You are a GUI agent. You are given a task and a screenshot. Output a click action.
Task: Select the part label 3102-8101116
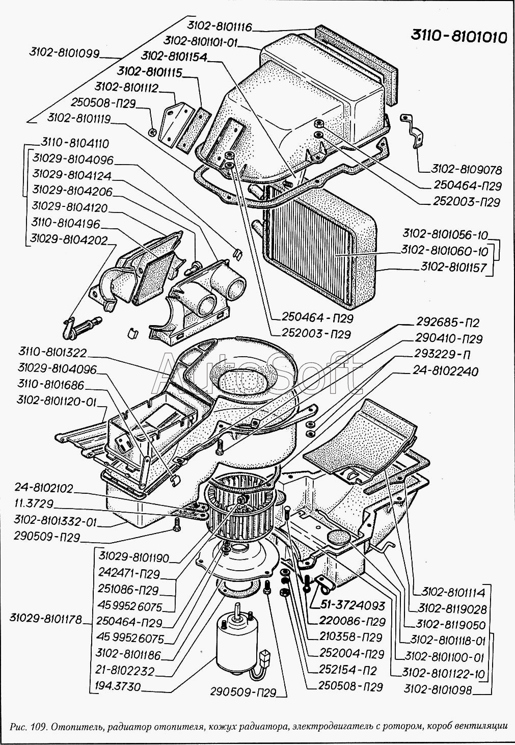(x=219, y=26)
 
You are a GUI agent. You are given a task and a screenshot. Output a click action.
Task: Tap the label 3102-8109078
(x=467, y=169)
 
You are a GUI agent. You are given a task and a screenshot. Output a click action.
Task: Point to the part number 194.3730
(x=117, y=686)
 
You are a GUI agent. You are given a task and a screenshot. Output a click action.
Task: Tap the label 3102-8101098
(x=438, y=690)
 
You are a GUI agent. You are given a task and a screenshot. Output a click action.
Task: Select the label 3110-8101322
(x=52, y=352)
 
